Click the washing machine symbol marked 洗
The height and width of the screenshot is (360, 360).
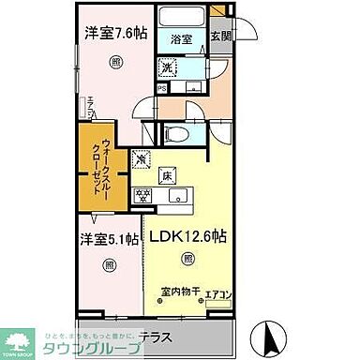point(167,67)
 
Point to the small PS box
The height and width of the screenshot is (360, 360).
point(162,89)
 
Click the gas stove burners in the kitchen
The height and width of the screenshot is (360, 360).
point(145,196)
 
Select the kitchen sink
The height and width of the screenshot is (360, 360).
point(177,196)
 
